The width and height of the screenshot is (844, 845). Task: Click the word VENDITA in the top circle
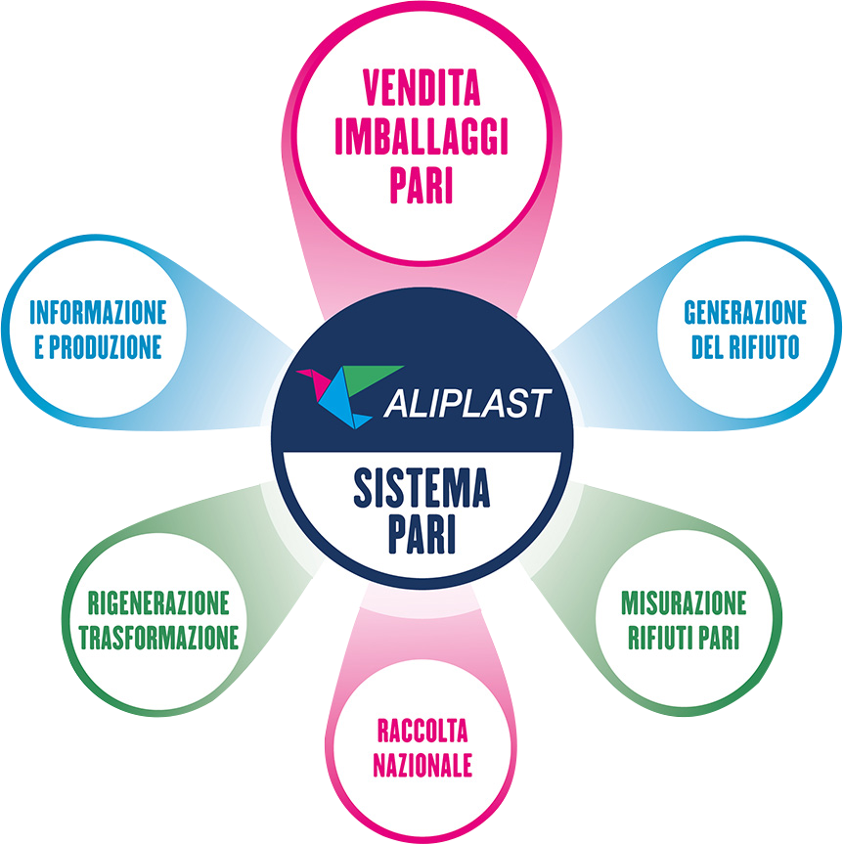click(422, 91)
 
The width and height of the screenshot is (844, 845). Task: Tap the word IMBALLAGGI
click(422, 138)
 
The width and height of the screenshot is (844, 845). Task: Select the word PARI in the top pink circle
click(422, 186)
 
